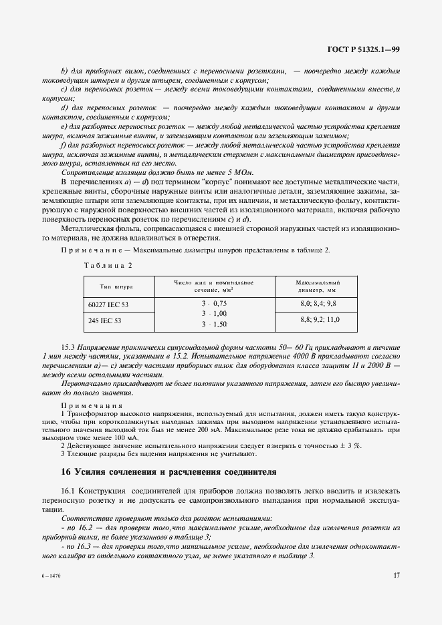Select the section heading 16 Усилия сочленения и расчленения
(168, 471)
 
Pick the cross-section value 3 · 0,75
(215, 303)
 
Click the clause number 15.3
(69, 348)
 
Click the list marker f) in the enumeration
(64, 144)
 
